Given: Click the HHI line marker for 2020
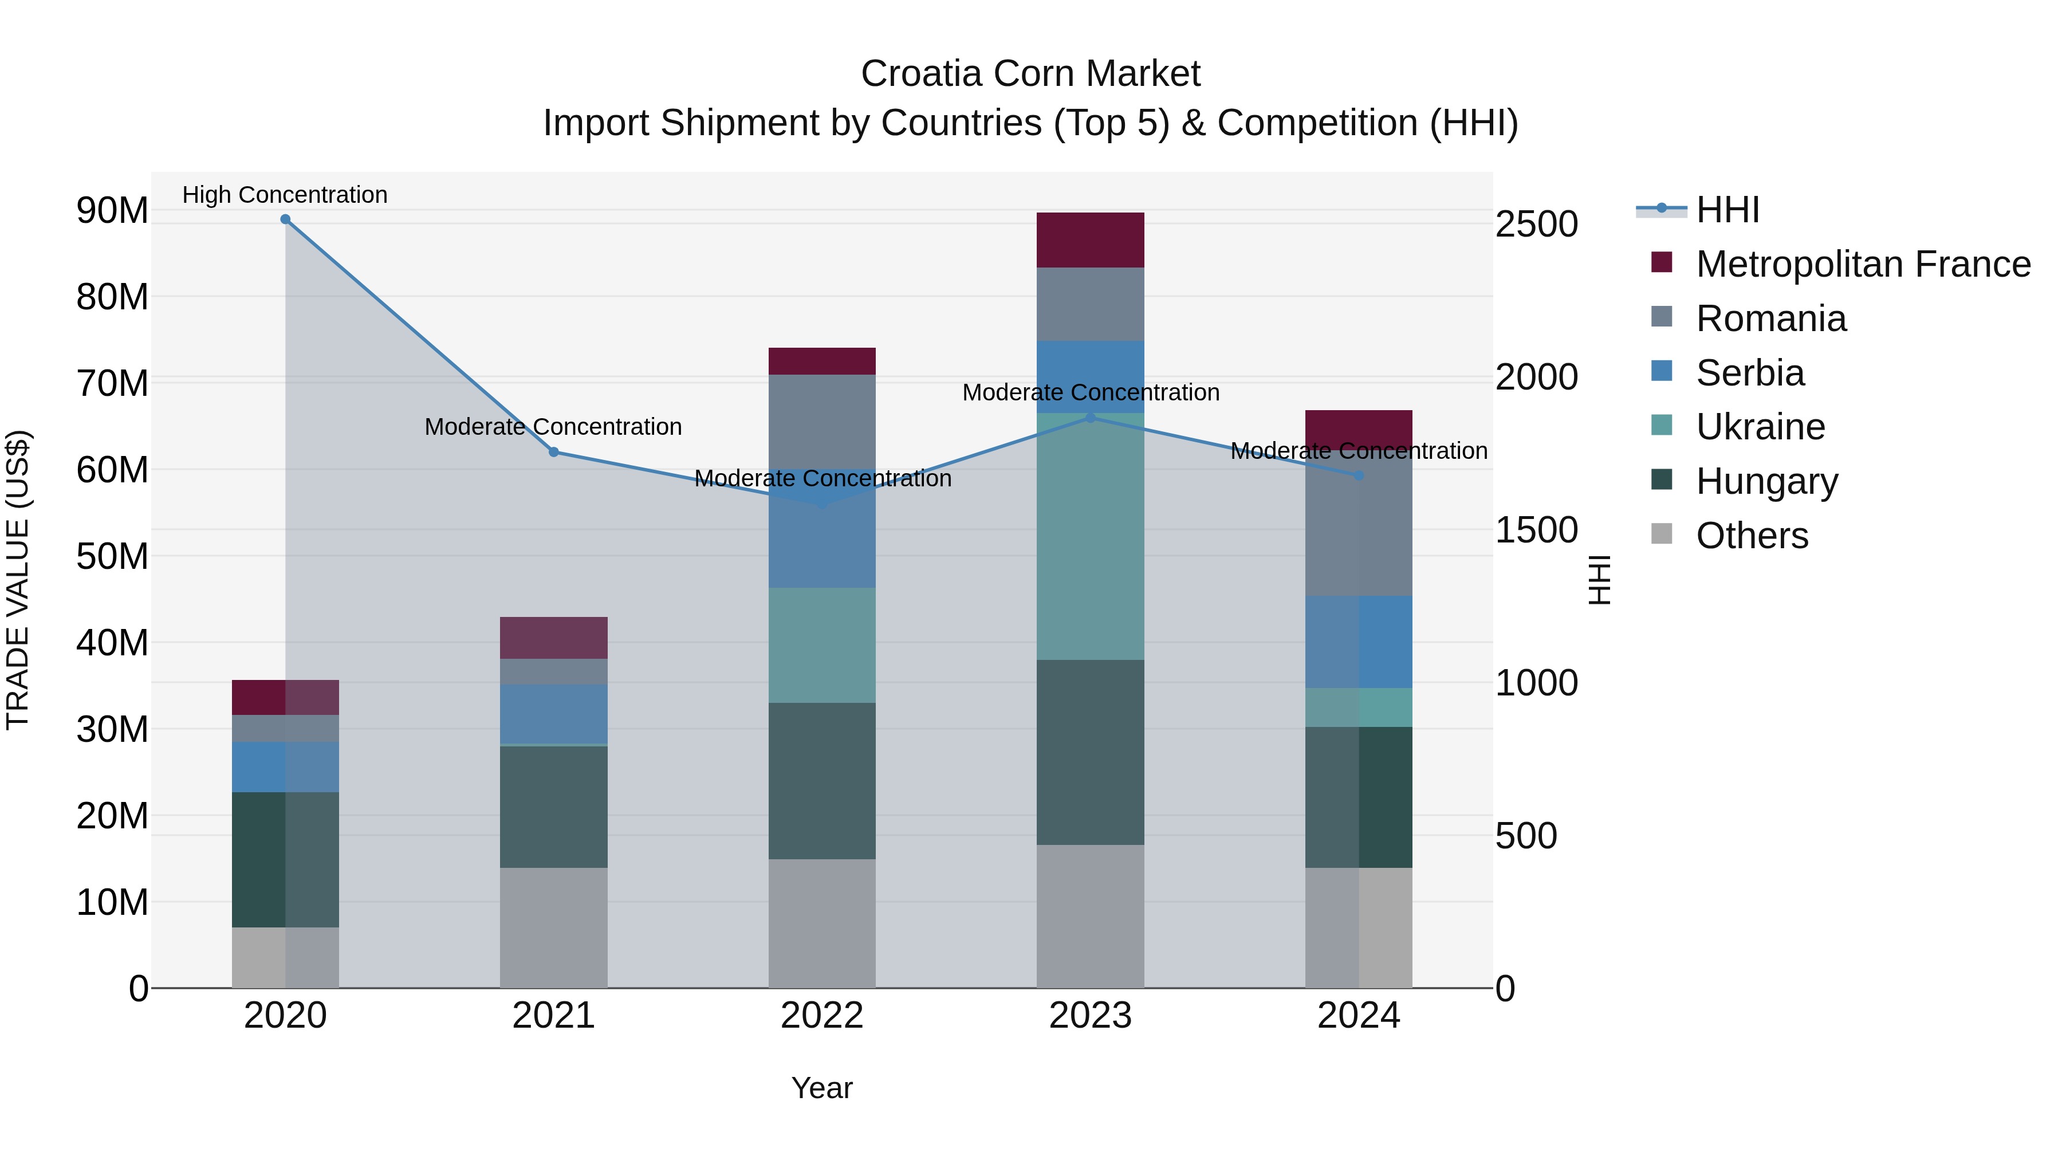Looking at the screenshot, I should [x=285, y=219].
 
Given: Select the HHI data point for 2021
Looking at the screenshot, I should [x=553, y=453].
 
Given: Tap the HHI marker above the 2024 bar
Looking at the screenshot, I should [x=1359, y=475].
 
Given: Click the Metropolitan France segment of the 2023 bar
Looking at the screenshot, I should [x=1090, y=240].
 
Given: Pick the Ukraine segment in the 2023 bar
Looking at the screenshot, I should [x=1090, y=536].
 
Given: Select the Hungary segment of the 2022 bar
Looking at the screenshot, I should [x=822, y=781].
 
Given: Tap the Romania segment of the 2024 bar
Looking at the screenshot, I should [x=1359, y=536].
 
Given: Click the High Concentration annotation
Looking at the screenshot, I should [x=285, y=195].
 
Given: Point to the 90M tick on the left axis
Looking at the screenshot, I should [x=112, y=211].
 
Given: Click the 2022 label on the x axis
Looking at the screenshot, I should [x=822, y=1016].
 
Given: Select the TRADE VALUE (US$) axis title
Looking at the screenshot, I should [x=18, y=580].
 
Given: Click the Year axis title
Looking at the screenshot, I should [x=822, y=1088].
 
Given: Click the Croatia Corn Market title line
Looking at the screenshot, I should [x=1030, y=74].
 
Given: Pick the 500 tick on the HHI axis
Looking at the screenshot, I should [x=1526, y=836].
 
